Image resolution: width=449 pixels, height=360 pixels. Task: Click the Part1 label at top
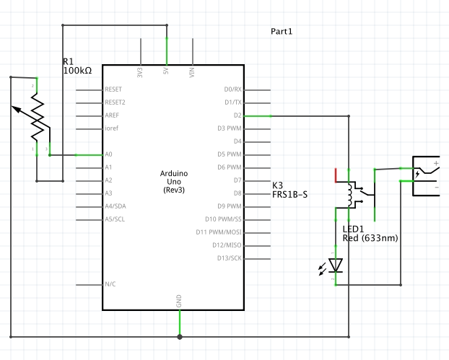click(282, 32)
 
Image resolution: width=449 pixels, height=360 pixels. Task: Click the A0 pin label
click(108, 154)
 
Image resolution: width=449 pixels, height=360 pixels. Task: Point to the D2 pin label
click(237, 115)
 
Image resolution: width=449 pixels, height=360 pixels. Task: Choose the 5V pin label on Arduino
click(166, 73)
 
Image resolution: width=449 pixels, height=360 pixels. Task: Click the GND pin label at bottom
click(179, 299)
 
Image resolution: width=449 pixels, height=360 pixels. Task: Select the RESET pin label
click(113, 89)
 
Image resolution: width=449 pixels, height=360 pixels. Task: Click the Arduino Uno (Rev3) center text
click(174, 182)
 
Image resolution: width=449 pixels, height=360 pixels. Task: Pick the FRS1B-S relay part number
click(291, 195)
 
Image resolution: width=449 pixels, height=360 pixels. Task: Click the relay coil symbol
click(352, 193)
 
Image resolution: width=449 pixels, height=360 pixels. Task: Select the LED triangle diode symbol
click(336, 265)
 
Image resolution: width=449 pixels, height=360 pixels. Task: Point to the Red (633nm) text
click(370, 238)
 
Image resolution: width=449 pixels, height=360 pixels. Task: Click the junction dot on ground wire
click(179, 336)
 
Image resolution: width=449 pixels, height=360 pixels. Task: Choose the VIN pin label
click(192, 72)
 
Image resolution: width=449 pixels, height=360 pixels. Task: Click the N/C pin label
click(110, 284)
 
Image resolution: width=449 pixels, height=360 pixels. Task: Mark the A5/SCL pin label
click(115, 219)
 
